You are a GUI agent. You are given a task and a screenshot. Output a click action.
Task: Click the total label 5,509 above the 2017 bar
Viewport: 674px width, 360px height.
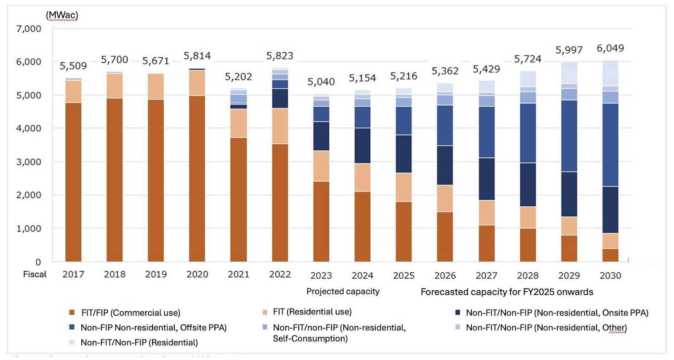pyautogui.click(x=73, y=66)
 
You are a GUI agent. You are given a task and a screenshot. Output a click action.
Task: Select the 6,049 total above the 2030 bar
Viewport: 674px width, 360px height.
pyautogui.click(x=610, y=48)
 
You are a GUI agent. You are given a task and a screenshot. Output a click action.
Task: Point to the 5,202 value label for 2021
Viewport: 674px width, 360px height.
pyautogui.click(x=238, y=77)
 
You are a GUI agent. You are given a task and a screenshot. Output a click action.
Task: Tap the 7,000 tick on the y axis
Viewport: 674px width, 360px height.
pyautogui.click(x=29, y=29)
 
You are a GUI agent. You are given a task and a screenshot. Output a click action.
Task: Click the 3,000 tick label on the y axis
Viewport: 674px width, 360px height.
pyautogui.click(x=29, y=162)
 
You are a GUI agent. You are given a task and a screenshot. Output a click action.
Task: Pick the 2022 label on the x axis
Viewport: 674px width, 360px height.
pyautogui.click(x=280, y=274)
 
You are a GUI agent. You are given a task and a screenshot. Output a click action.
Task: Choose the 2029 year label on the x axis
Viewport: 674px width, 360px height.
pyautogui.click(x=569, y=276)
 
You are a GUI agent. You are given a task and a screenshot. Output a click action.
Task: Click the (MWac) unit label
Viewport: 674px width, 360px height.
pyautogui.click(x=62, y=15)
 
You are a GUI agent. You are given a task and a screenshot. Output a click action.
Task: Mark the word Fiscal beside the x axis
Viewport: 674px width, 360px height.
pyautogui.click(x=35, y=274)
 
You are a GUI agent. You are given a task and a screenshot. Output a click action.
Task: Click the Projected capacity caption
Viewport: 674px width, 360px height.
pyautogui.click(x=342, y=291)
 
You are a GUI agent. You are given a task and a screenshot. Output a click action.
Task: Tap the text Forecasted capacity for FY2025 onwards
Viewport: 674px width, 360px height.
pyautogui.click(x=506, y=292)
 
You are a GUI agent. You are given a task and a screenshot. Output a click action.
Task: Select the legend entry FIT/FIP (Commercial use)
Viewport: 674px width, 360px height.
pyautogui.click(x=131, y=313)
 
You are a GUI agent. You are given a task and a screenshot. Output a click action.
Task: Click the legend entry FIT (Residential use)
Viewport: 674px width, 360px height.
pyautogui.click(x=312, y=312)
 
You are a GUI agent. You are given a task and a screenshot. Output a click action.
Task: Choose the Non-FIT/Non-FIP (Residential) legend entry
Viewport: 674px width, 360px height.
pyautogui.click(x=139, y=342)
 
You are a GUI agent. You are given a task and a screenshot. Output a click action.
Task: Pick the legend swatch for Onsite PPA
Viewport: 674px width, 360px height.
pyautogui.click(x=457, y=313)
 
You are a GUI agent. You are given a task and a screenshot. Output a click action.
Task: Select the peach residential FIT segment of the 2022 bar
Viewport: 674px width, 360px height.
pyautogui.click(x=280, y=126)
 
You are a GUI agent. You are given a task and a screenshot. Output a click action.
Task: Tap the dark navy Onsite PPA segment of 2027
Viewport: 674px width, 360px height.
pyautogui.click(x=486, y=179)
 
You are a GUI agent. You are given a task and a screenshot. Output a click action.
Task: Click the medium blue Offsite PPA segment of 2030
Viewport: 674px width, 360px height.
pyautogui.click(x=610, y=145)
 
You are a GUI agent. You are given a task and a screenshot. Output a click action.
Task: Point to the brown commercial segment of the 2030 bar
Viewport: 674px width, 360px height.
pyautogui.click(x=610, y=255)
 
